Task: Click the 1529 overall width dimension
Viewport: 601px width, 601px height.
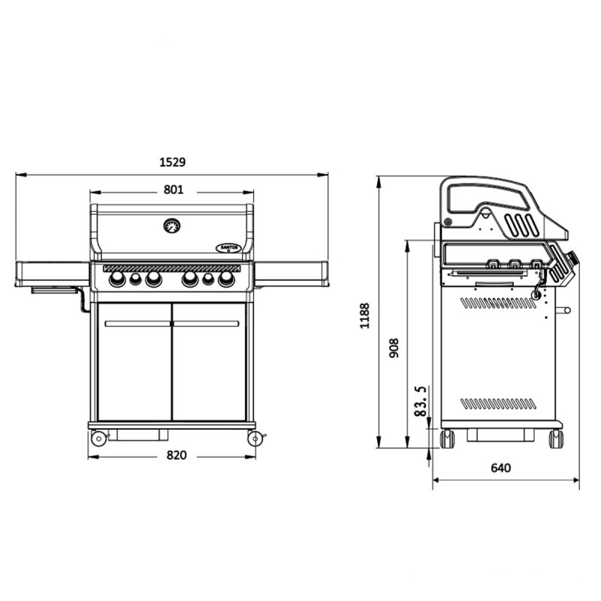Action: point(173,162)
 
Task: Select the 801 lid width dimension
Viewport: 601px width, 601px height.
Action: point(174,190)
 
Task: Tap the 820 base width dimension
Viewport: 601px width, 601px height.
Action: point(177,455)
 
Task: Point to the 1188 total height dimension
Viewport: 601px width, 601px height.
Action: point(364,316)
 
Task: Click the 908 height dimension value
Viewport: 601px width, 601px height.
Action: point(394,348)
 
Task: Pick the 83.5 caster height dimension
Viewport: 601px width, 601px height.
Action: point(421,401)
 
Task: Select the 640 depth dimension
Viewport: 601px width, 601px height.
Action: point(500,468)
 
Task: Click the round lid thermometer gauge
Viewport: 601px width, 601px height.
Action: point(172,226)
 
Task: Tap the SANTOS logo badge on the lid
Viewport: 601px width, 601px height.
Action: point(228,248)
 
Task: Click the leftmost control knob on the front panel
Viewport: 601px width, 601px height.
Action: point(117,279)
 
